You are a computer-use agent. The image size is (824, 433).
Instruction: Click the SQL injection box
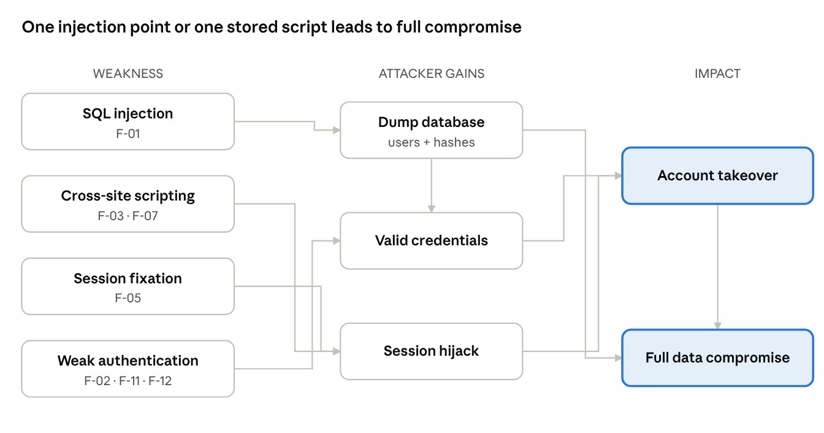[x=128, y=121]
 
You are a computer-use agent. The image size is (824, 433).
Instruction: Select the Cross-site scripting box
[x=128, y=204]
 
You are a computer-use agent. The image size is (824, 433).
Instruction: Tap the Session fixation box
[x=128, y=286]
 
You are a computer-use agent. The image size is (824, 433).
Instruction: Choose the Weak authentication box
[x=128, y=369]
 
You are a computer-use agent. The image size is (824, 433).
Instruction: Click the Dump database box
[x=431, y=130]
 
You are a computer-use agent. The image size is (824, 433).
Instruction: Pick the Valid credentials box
[x=431, y=240]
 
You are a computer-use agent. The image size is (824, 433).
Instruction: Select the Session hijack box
[x=431, y=351]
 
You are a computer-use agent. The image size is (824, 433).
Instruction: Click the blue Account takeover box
[x=717, y=176]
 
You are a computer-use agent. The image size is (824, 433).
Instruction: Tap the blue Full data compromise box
[x=717, y=358]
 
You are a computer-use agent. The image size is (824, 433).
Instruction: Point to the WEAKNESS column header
[x=128, y=74]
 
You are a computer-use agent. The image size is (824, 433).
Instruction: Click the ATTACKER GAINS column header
[x=431, y=74]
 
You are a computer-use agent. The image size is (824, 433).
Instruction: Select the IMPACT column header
[x=717, y=74]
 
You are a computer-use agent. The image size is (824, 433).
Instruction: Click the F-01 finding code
[x=128, y=134]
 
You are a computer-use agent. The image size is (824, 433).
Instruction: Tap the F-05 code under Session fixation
[x=128, y=298]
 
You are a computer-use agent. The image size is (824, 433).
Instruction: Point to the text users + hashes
[x=431, y=142]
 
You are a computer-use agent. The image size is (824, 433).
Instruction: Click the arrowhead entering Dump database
[x=336, y=130]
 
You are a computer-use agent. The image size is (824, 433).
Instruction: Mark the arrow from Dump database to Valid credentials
[x=431, y=185]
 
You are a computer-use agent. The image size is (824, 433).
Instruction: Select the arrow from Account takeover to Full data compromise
[x=717, y=267]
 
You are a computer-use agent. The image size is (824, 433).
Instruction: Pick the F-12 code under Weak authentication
[x=160, y=381]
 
